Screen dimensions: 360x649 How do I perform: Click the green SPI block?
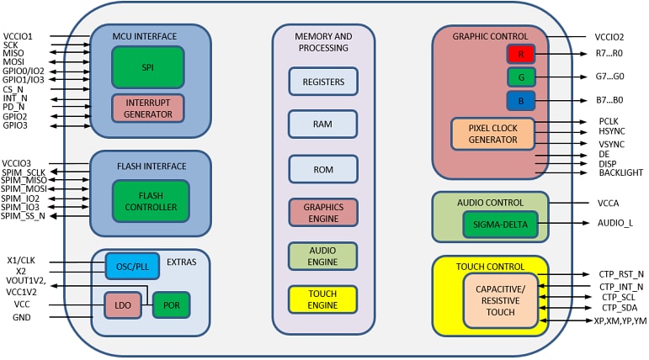147,67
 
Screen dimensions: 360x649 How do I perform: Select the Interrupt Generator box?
147,108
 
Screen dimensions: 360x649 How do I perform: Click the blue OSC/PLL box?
131,267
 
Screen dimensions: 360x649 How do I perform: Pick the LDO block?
122,305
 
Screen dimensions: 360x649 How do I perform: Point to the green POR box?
171,305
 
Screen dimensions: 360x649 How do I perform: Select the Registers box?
322,82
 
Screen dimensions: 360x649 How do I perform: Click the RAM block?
322,123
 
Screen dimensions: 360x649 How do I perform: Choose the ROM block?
322,168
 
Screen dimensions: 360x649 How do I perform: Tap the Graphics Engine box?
322,213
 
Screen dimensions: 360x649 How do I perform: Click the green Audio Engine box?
322,256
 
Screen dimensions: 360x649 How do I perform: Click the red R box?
520,54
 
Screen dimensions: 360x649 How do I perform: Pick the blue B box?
520,101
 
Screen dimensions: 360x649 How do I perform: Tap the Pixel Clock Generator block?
492,134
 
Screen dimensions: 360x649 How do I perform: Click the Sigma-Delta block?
499,224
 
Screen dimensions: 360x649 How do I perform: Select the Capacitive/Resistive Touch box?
500,300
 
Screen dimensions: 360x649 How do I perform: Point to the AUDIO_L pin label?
615,223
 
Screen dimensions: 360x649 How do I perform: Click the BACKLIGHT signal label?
620,173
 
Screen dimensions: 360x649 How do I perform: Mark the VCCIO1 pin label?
18,37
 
